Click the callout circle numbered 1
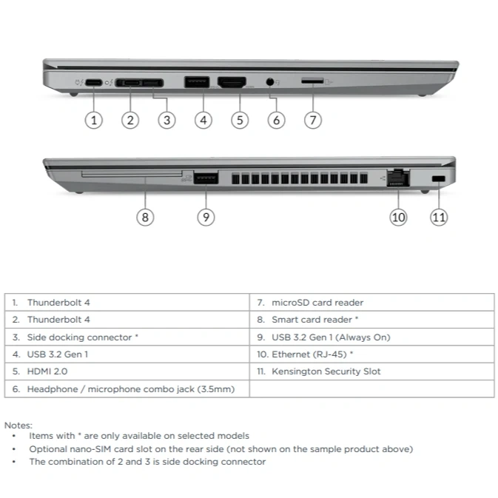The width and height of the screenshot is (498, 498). tap(94, 121)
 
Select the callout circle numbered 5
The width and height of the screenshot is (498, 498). tap(240, 121)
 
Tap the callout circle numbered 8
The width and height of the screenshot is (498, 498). tap(145, 218)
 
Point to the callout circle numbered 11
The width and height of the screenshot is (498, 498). tap(439, 218)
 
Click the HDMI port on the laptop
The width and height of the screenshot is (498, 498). tap(232, 82)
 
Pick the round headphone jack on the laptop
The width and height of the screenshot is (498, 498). tap(269, 82)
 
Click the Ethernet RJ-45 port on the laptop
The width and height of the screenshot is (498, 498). tap(398, 178)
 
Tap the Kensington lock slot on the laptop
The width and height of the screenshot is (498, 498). tap(439, 178)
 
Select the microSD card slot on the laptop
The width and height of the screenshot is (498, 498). tap(312, 81)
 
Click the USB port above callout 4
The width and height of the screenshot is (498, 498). tap(197, 82)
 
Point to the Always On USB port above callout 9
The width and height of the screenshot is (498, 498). tap(206, 178)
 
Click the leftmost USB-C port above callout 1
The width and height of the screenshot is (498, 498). tap(94, 83)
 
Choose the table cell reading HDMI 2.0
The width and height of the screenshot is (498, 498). tap(127, 371)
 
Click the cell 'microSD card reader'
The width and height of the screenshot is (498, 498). tap(372, 303)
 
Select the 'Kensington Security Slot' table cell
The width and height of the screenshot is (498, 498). tap(372, 371)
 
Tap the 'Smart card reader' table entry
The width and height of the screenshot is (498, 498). tap(372, 320)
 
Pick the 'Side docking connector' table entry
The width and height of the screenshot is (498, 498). tap(127, 337)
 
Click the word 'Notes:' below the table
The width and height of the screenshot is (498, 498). tap(18, 425)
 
